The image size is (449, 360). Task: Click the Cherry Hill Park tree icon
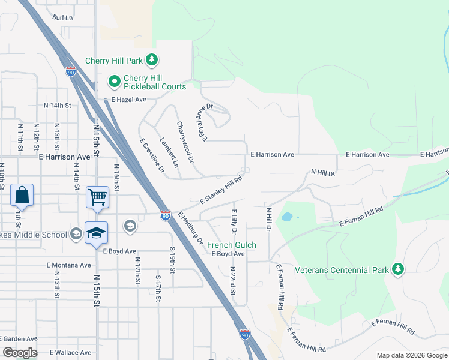tap(152, 60)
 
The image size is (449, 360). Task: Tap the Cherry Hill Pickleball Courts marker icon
tap(114, 80)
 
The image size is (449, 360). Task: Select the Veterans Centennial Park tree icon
tap(397, 270)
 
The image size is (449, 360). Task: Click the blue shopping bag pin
tap(22, 195)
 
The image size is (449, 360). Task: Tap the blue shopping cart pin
tap(97, 196)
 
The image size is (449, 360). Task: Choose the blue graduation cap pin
tap(96, 233)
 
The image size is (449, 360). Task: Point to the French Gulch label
tap(232, 245)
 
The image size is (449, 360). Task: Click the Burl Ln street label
tap(62, 18)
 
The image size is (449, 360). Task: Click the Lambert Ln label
tap(169, 152)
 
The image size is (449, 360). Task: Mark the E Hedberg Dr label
tap(190, 227)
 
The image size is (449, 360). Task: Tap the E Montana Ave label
tap(68, 265)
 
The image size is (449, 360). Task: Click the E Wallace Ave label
tap(70, 352)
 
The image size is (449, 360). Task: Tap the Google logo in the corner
tap(20, 352)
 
